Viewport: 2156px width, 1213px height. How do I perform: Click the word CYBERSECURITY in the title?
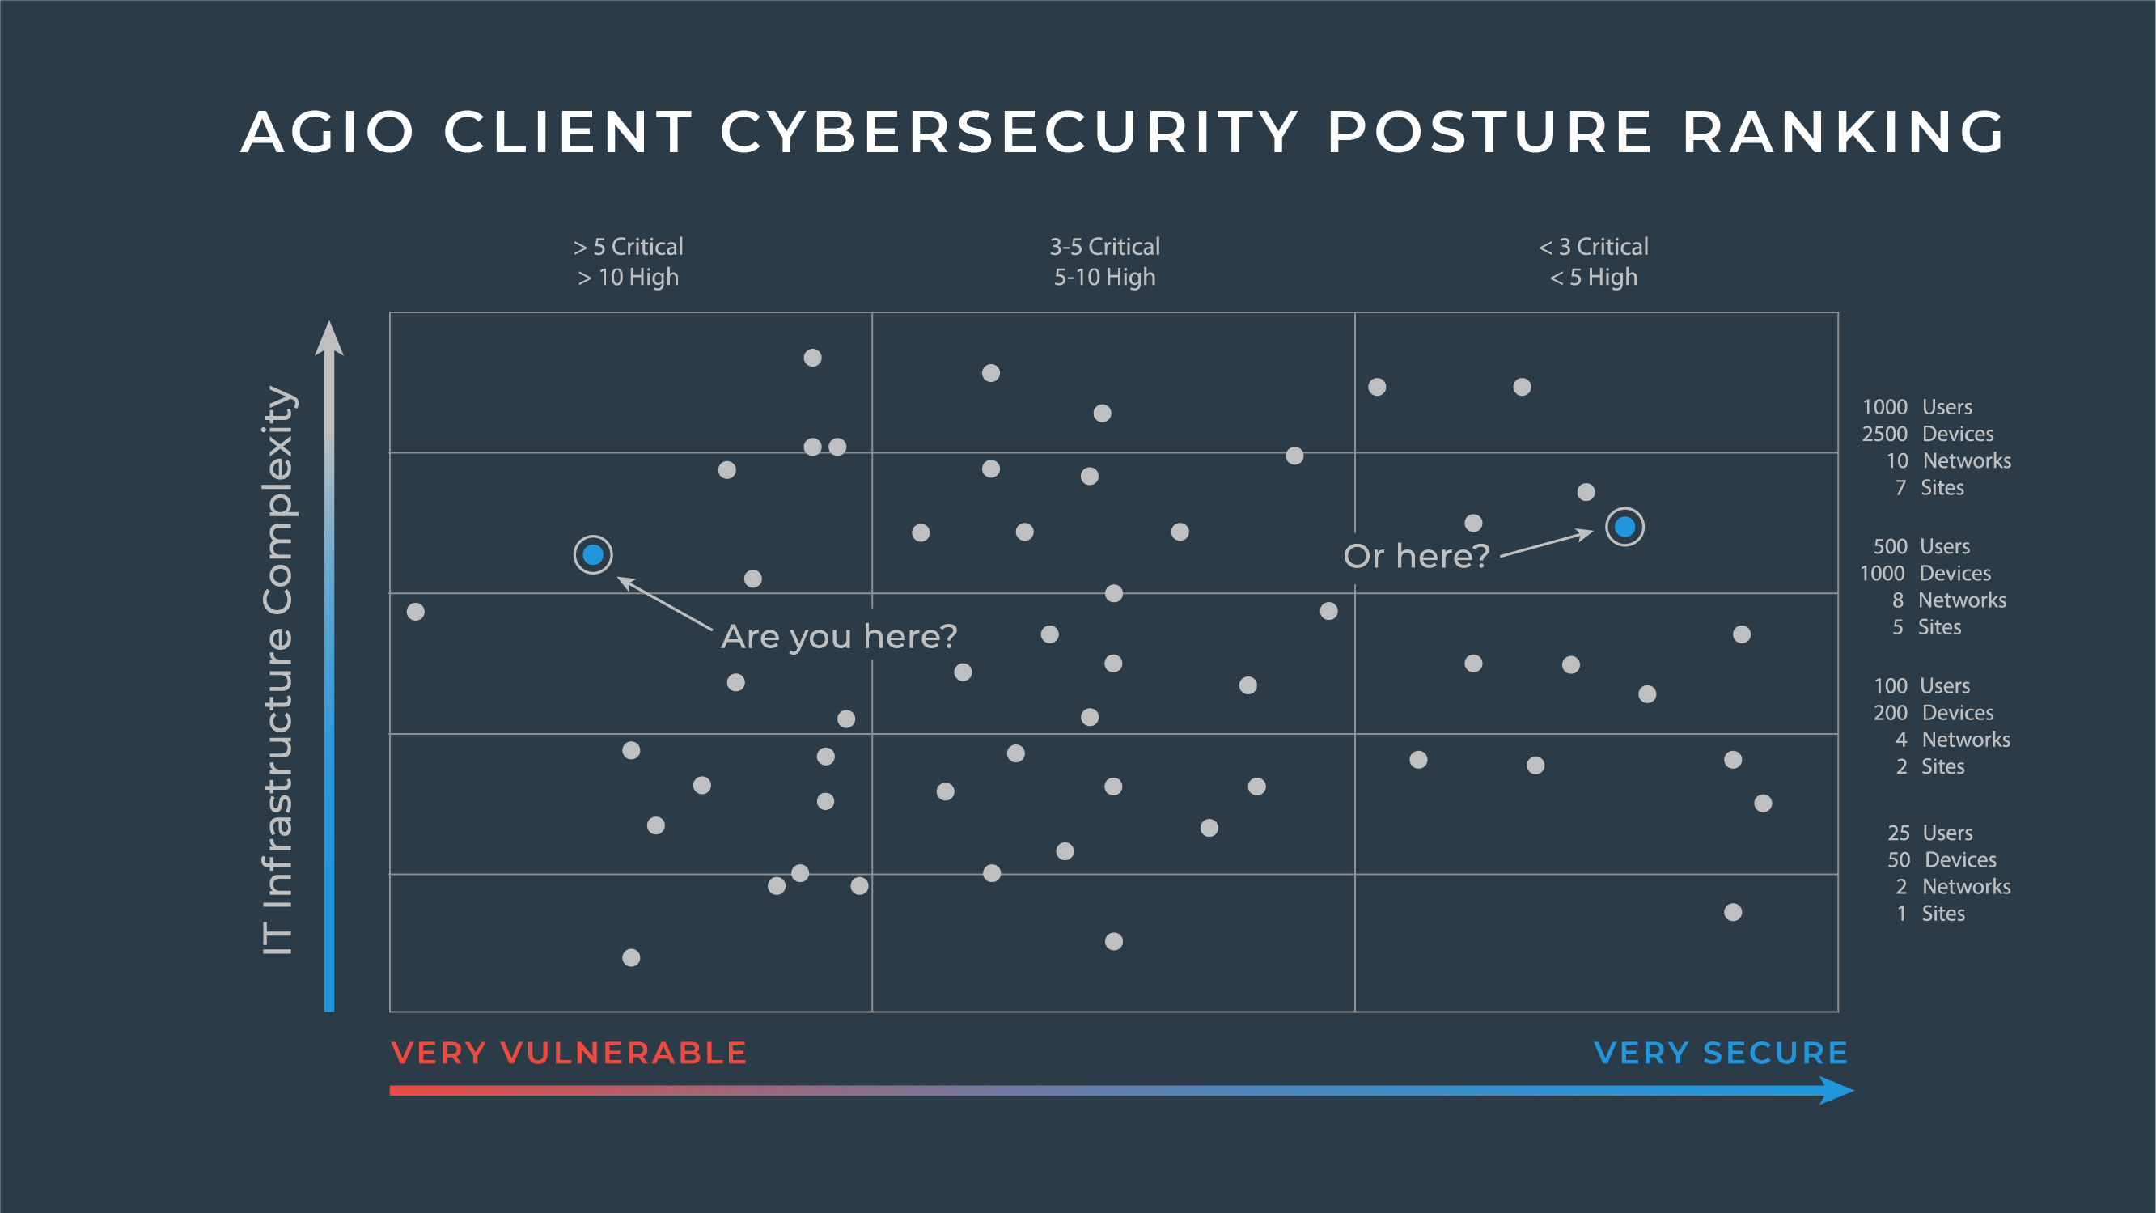tap(1010, 132)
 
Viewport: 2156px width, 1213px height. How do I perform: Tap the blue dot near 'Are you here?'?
tap(592, 554)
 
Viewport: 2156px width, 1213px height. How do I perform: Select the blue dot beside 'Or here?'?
tap(1624, 527)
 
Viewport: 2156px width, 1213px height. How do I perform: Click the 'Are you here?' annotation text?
tap(839, 636)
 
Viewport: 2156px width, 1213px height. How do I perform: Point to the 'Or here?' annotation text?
tap(1416, 556)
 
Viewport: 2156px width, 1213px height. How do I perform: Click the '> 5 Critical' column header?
tap(629, 247)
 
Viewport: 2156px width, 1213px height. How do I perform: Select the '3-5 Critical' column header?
tap(1105, 247)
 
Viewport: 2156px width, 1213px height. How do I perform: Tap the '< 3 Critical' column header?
tap(1594, 247)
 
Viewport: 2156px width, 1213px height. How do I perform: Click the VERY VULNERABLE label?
tap(569, 1053)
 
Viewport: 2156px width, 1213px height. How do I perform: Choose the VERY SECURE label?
tap(1721, 1053)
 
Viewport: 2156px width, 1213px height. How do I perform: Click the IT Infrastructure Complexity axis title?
tap(277, 670)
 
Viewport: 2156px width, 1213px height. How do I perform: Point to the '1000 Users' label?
tap(1917, 407)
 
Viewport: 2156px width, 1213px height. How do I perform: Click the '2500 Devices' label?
tap(1928, 434)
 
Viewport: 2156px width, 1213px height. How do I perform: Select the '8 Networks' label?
tap(1949, 600)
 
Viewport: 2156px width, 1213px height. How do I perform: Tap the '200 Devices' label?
tap(1934, 712)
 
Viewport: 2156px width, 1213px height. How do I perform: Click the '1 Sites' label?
tap(1931, 914)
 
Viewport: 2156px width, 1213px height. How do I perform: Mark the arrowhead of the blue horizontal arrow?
tap(1837, 1091)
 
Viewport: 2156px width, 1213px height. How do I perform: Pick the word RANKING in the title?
tap(1844, 132)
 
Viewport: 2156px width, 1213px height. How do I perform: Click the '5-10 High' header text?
tap(1105, 277)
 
